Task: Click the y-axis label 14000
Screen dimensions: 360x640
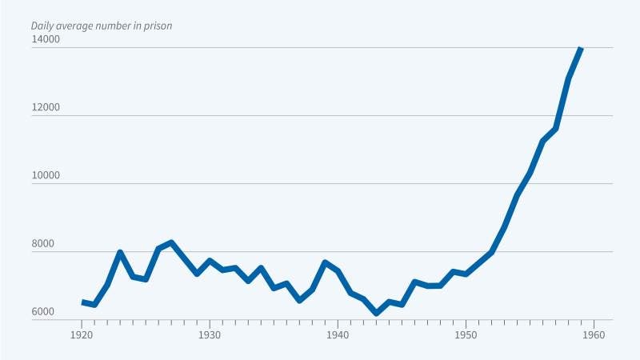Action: click(46, 38)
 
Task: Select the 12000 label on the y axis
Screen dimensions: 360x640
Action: click(46, 106)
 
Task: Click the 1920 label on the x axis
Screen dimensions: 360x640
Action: click(82, 336)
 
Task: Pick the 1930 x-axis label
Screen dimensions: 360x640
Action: click(210, 336)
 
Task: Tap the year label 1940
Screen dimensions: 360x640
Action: click(338, 336)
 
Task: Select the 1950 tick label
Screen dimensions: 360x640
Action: click(466, 336)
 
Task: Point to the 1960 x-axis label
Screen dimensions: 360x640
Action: click(594, 336)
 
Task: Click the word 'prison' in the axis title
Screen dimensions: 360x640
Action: click(157, 26)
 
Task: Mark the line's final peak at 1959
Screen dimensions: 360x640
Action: click(581, 48)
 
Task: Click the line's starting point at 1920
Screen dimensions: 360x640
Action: click(82, 302)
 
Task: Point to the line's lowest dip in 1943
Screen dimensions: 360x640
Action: click(376, 314)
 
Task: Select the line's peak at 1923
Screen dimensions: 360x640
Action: click(120, 253)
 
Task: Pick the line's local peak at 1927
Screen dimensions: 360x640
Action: click(171, 242)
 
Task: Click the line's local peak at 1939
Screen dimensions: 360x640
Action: click(325, 262)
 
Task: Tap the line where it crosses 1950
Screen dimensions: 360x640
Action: click(466, 274)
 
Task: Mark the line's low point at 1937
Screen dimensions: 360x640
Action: click(299, 300)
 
